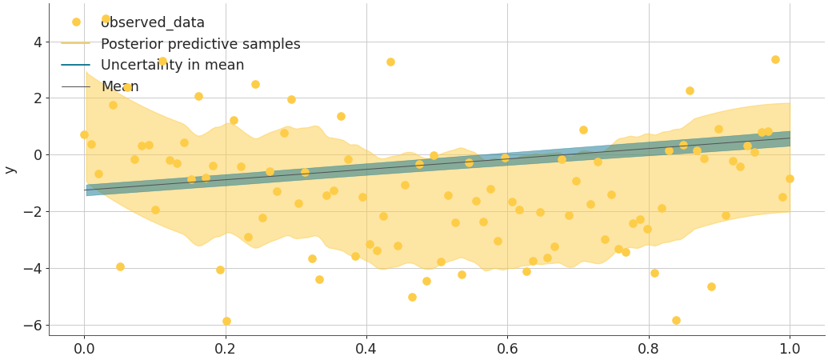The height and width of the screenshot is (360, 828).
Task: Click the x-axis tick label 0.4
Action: pos(366,349)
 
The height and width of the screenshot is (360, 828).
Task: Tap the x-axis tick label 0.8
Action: pos(649,349)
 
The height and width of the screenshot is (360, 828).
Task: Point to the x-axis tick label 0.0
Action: pos(84,349)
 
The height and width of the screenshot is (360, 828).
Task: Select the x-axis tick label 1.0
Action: pos(790,349)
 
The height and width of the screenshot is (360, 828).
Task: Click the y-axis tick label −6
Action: pos(31,326)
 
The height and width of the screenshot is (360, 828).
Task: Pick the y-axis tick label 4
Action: pos(36,42)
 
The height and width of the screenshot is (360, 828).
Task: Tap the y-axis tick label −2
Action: pos(31,212)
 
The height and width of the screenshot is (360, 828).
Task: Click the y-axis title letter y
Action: pos(10,170)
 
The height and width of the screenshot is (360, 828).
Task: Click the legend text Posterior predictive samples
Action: pos(200,44)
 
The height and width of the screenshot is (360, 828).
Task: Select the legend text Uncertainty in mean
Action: pos(172,65)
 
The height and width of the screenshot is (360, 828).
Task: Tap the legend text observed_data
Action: pos(152,22)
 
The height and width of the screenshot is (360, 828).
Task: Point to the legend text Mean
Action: pos(119,86)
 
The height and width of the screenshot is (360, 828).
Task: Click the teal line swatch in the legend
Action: pos(75,65)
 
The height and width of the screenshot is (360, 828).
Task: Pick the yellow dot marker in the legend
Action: pos(76,22)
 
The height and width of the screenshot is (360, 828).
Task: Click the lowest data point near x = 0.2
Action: pos(226,321)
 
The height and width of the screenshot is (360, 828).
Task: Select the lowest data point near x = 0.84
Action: pos(676,320)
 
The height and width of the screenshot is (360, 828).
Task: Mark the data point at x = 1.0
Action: pos(790,178)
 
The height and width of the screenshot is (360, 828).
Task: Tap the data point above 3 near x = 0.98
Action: pos(775,59)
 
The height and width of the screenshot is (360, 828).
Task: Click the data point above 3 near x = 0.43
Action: pos(390,62)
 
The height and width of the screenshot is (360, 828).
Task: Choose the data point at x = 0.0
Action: pos(84,134)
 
